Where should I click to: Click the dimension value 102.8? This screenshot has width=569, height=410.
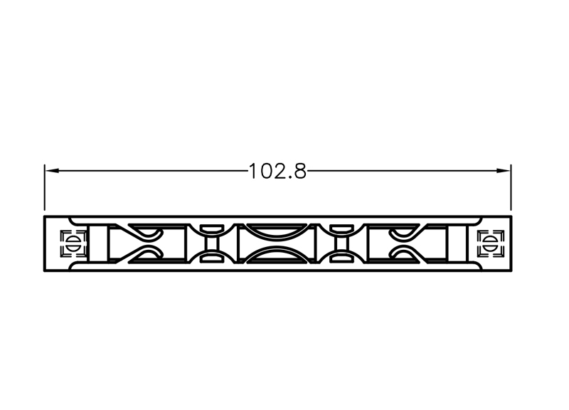277,171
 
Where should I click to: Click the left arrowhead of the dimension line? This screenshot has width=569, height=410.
51,171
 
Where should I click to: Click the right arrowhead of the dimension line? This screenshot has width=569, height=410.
504,171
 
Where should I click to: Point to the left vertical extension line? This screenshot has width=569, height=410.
45,187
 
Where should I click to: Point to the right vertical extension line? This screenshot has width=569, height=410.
511,187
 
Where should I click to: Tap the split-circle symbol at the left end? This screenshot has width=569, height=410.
73,243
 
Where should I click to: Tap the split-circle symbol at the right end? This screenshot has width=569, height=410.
491,243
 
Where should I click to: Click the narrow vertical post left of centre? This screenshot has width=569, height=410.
211,243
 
